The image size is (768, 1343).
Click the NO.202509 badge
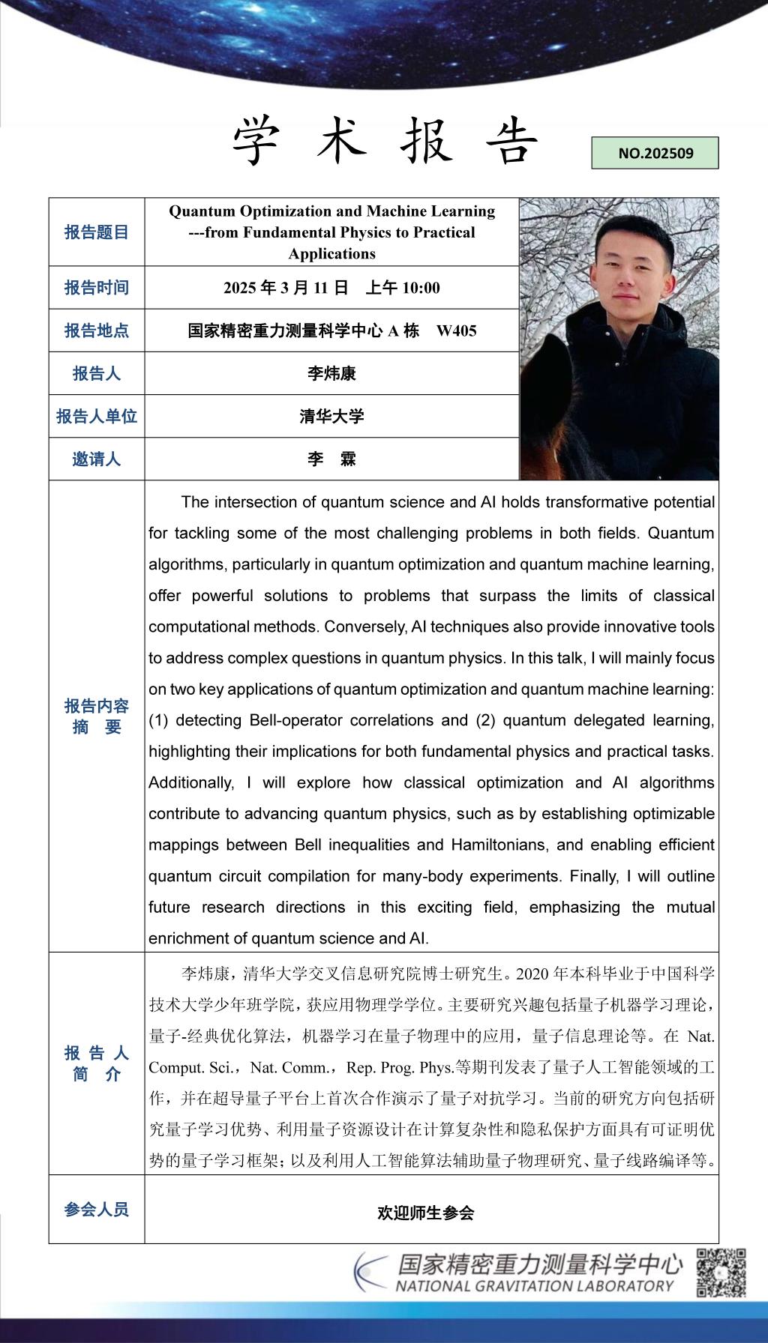(x=655, y=153)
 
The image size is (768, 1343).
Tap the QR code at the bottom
(x=721, y=1273)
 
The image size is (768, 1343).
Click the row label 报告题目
(x=97, y=232)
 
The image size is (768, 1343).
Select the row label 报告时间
(x=97, y=288)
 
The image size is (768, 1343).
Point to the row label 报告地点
(x=97, y=331)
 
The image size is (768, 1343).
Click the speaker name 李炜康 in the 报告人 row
(x=331, y=373)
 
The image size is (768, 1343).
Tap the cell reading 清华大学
(x=331, y=417)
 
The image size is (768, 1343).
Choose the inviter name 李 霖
(x=331, y=459)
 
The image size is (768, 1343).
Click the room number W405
(x=456, y=331)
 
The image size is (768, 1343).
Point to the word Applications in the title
(x=331, y=253)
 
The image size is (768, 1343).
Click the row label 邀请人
(x=97, y=459)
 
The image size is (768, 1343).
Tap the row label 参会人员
(x=97, y=1209)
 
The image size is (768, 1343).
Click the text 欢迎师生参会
(x=425, y=1213)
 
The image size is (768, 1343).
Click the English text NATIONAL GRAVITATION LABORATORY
(x=534, y=1286)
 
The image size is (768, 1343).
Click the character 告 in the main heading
(x=511, y=142)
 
